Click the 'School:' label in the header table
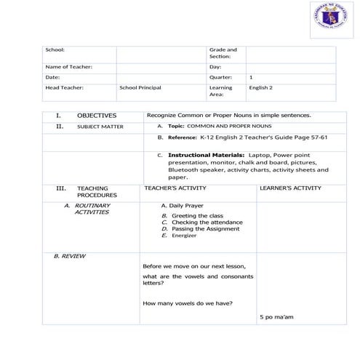tap(55, 50)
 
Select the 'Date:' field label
tap(52, 76)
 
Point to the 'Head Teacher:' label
tap(65, 87)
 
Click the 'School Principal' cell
tap(140, 87)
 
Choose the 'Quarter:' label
tap(220, 76)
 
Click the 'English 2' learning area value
tap(260, 87)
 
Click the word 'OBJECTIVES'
tap(96, 115)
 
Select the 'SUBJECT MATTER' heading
tap(100, 127)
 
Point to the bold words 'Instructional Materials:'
tap(207, 155)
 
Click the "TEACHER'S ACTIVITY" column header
tap(176, 188)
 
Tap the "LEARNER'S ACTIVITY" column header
tap(290, 188)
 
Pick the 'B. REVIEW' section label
tap(70, 257)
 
